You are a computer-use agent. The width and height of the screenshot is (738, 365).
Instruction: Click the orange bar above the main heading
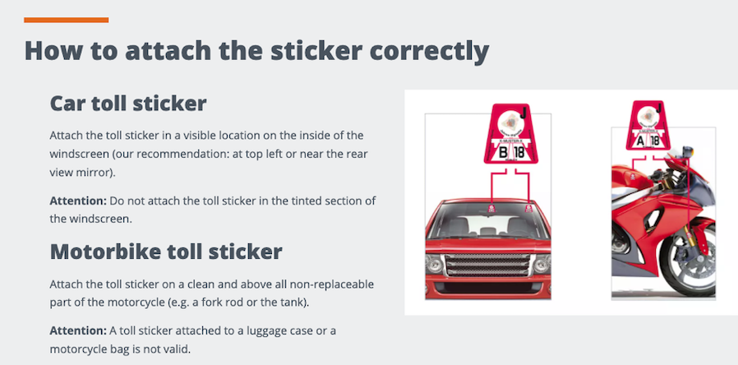click(x=67, y=20)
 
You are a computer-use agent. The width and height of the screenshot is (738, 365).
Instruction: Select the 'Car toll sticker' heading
click(x=128, y=104)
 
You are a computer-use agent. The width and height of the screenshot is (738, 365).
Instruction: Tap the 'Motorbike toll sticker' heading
click(x=167, y=251)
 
